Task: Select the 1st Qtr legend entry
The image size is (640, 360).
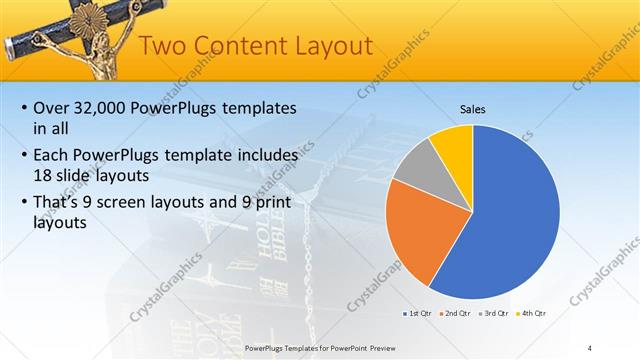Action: [x=418, y=313]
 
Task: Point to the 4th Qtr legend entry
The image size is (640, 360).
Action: [x=533, y=313]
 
